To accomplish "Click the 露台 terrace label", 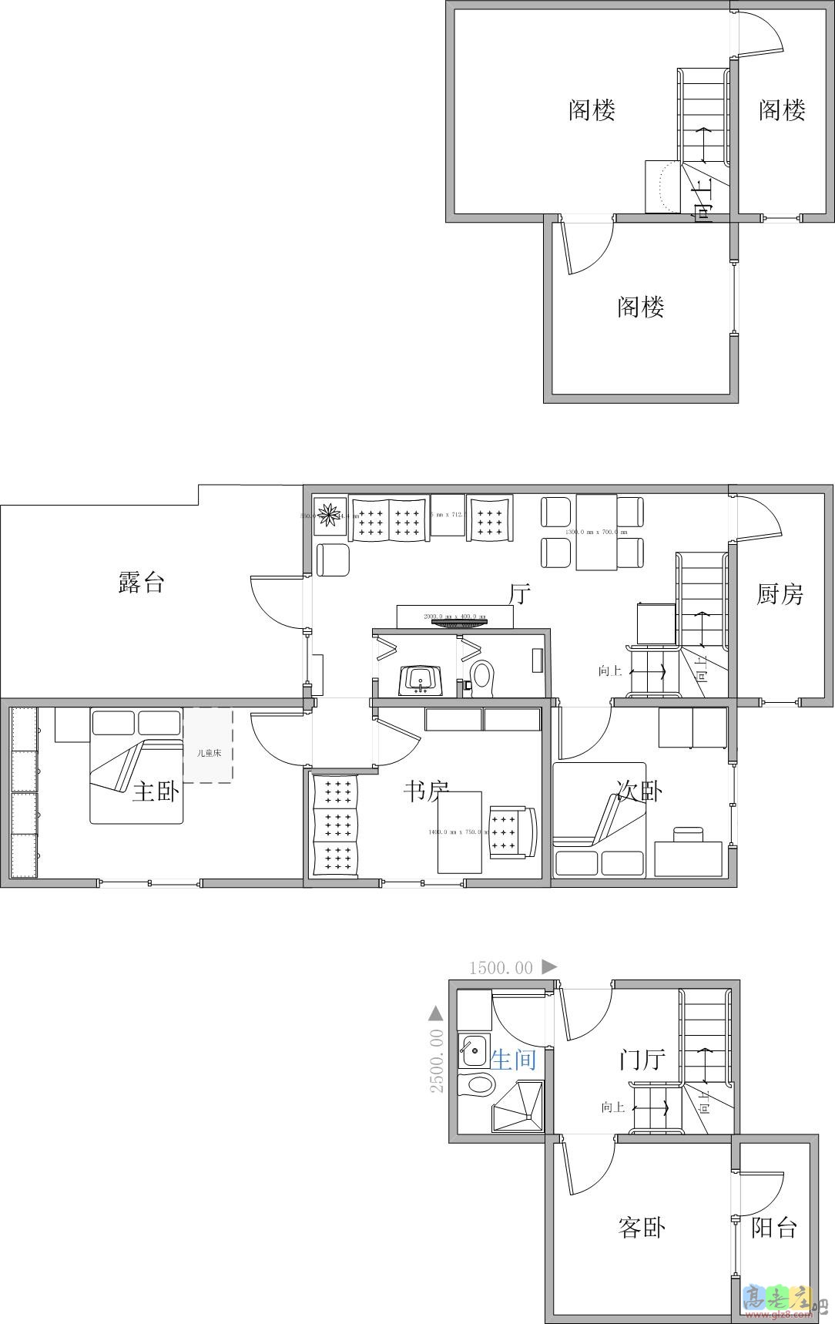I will (x=141, y=583).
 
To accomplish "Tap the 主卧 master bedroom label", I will (x=155, y=791).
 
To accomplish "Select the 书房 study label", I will (x=426, y=790).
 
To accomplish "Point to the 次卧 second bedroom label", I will (x=639, y=790).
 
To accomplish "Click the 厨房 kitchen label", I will (x=780, y=594).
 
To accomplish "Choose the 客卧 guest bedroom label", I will (x=641, y=1227).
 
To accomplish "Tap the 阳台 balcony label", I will (x=773, y=1228).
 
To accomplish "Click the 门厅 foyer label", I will (x=642, y=1060).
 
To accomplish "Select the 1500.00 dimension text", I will (x=501, y=968).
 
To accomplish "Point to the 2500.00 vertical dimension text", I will (x=437, y=1060).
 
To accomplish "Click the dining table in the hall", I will (x=596, y=533).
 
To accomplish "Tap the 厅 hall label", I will (x=521, y=594).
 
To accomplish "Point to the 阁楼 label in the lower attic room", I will (x=640, y=307).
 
